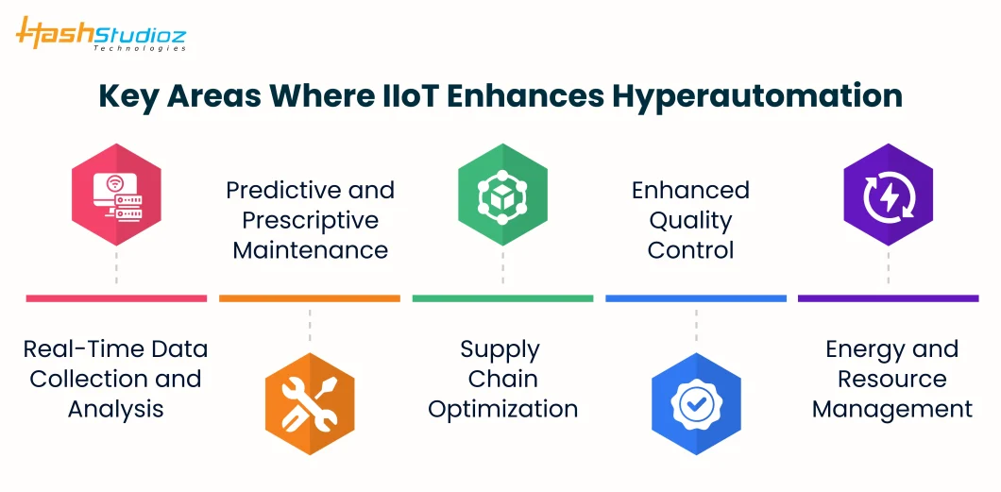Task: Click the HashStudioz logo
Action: point(101,33)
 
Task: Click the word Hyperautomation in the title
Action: point(757,95)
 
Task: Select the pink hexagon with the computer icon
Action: point(116,195)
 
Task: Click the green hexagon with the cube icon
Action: point(502,195)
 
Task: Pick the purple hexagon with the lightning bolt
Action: point(888,195)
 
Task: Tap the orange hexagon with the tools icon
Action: point(310,403)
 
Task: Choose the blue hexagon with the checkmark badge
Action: point(696,403)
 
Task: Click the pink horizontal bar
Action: point(116,298)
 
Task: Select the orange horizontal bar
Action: point(310,298)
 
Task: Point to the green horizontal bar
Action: point(502,298)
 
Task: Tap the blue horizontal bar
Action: point(696,298)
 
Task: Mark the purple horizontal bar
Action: point(888,298)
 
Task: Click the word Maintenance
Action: point(311,249)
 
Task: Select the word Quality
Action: point(690,221)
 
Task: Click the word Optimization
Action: point(503,409)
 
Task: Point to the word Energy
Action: point(857,350)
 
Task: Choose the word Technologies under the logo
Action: point(140,48)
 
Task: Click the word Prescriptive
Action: point(311,221)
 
